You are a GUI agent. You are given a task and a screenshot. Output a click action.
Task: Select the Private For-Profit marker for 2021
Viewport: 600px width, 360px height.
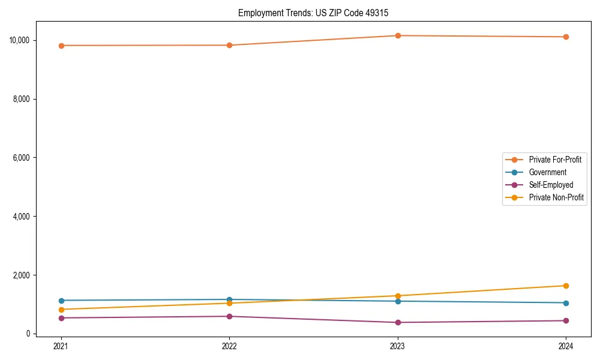pos(61,46)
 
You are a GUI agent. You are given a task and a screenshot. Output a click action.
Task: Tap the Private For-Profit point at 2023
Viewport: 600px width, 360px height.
pos(398,36)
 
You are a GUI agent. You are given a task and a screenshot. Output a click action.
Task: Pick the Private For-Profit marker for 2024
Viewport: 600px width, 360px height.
pos(566,37)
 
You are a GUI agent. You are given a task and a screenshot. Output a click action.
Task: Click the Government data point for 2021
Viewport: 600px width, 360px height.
pos(61,301)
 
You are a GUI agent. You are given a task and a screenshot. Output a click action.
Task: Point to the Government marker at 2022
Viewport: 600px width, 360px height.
pos(229,299)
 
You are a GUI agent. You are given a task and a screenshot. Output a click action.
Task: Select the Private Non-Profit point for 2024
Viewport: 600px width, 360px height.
pos(566,286)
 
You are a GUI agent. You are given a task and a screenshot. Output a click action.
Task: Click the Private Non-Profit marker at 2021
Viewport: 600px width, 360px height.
pos(61,310)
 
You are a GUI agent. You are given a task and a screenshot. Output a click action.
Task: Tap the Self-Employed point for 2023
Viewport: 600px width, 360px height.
pos(398,322)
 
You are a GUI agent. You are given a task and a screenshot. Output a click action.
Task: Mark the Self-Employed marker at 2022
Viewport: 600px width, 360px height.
pos(229,316)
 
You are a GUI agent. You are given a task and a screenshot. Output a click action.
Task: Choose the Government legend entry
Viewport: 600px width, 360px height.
pos(547,172)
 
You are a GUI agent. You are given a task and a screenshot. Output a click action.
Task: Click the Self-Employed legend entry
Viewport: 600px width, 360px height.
pos(551,185)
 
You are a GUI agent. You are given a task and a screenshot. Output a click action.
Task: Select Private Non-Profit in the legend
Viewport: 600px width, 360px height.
pos(556,197)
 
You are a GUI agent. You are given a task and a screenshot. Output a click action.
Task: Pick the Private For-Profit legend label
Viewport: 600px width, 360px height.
pos(555,160)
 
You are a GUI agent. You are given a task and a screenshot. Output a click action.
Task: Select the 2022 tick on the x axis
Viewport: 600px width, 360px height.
pos(229,346)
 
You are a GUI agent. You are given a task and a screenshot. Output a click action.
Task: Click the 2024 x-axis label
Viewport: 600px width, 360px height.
pos(566,346)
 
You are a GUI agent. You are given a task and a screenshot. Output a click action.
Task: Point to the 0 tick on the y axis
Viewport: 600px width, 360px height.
pos(28,334)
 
